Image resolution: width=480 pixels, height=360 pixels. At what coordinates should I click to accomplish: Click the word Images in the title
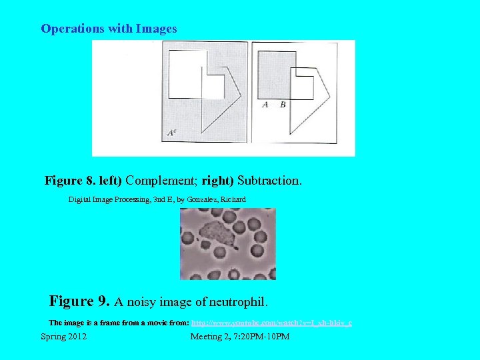tap(157, 29)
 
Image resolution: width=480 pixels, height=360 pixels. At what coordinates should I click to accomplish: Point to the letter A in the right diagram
tap(265, 105)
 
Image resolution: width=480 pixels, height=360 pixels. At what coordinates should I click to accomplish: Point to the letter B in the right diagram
tap(283, 105)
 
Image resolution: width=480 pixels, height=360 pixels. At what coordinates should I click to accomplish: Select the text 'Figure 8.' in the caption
tap(67, 181)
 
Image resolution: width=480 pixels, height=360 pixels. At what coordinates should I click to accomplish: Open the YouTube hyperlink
tap(272, 323)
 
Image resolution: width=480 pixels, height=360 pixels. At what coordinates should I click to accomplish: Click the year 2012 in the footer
tap(77, 337)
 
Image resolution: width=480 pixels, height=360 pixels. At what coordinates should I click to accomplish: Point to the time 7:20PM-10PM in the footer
tap(263, 337)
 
